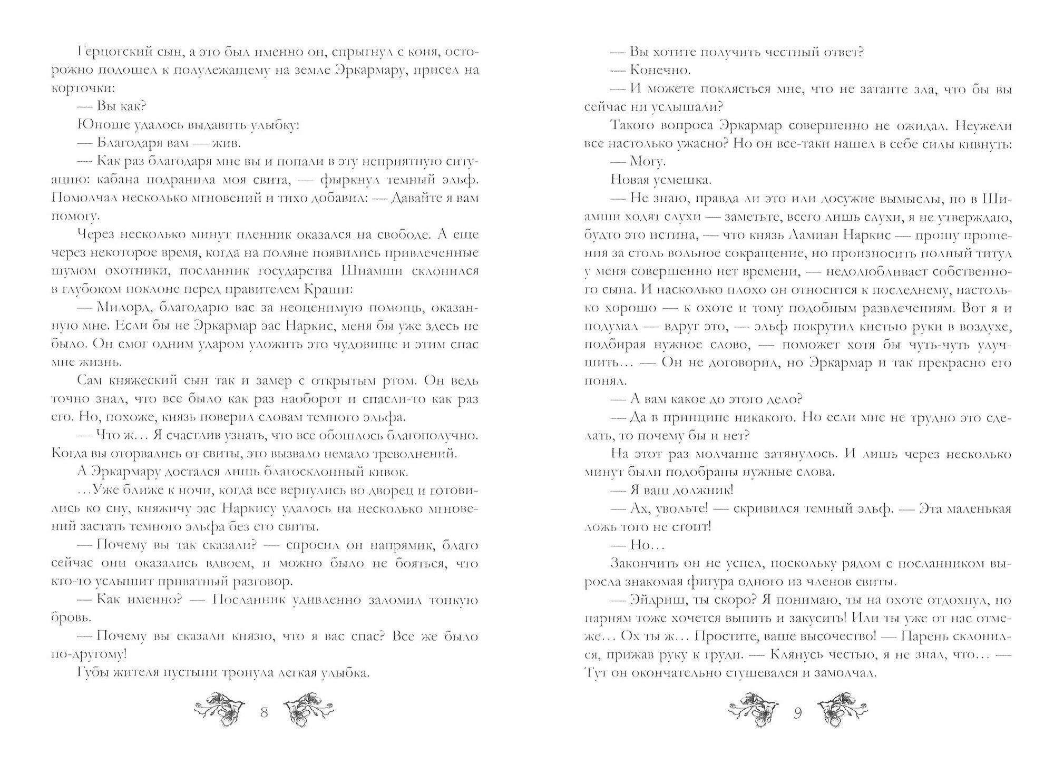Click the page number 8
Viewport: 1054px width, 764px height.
(x=265, y=713)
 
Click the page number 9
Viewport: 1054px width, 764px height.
(x=797, y=713)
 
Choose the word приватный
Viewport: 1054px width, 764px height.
(x=207, y=582)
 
